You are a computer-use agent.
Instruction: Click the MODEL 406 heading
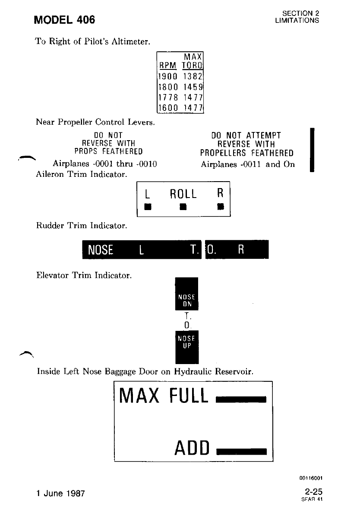[x=65, y=20]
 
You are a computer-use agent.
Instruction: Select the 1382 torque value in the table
[x=193, y=76]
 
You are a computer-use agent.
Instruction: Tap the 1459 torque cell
[x=193, y=86]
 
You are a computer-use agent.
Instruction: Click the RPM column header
[x=167, y=66]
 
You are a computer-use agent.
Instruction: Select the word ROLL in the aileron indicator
[x=183, y=194]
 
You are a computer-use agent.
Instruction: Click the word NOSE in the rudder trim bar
[x=100, y=250]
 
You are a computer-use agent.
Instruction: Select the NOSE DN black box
[x=186, y=294]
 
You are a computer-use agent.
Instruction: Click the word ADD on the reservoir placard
[x=192, y=448]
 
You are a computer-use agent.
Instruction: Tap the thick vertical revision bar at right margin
[x=312, y=149]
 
